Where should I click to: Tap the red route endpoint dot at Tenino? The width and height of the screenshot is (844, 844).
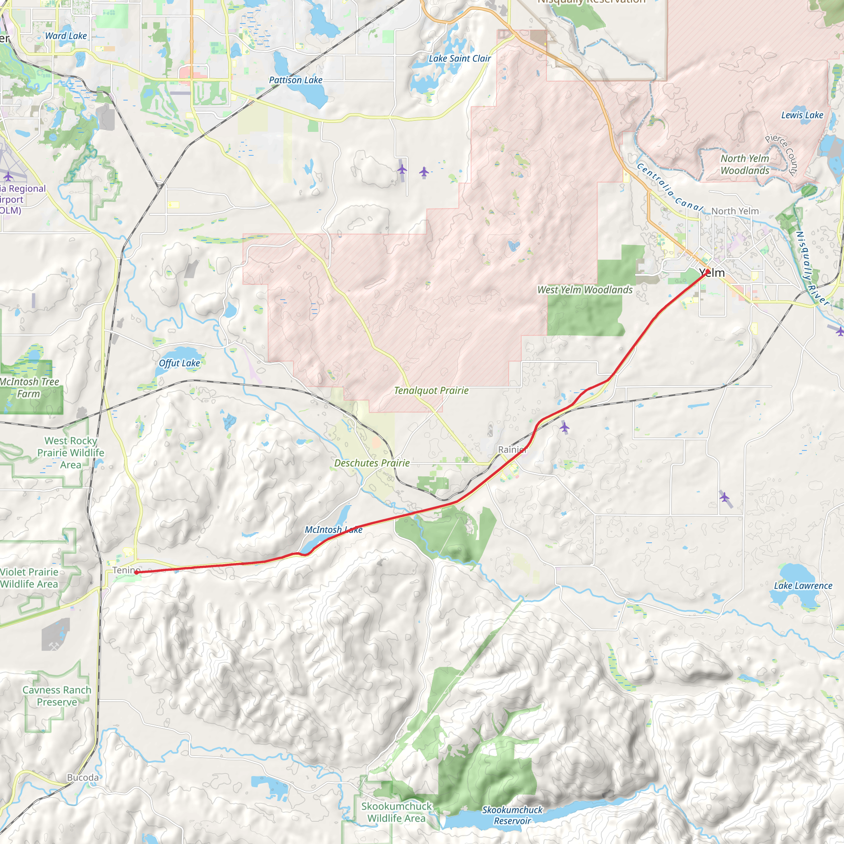coord(137,572)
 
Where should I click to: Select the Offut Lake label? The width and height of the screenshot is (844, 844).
coord(179,363)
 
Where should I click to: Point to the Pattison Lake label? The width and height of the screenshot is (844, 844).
coord(295,80)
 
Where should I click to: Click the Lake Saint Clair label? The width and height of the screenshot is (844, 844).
coord(460,59)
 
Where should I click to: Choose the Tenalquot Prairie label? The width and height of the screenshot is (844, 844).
coord(431,391)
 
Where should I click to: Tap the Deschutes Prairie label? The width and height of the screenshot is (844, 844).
coord(372,463)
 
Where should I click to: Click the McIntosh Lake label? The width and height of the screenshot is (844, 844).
coord(333,530)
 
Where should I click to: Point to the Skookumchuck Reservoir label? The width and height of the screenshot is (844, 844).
coord(512,815)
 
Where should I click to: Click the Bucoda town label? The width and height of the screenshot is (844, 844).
coord(82,778)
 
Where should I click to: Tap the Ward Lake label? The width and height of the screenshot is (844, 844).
coord(66,36)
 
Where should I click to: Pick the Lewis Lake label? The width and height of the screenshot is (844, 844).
coord(802,115)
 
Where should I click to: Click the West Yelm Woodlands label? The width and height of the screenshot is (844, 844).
coord(584,290)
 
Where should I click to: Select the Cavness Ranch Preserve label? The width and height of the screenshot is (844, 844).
coord(57,696)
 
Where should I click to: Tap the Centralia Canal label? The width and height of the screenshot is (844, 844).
coord(669,187)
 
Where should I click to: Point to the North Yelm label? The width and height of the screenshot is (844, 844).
coord(735,211)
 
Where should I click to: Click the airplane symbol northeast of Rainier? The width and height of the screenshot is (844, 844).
coord(565,427)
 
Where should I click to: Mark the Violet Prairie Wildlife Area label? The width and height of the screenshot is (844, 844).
coord(29,578)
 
